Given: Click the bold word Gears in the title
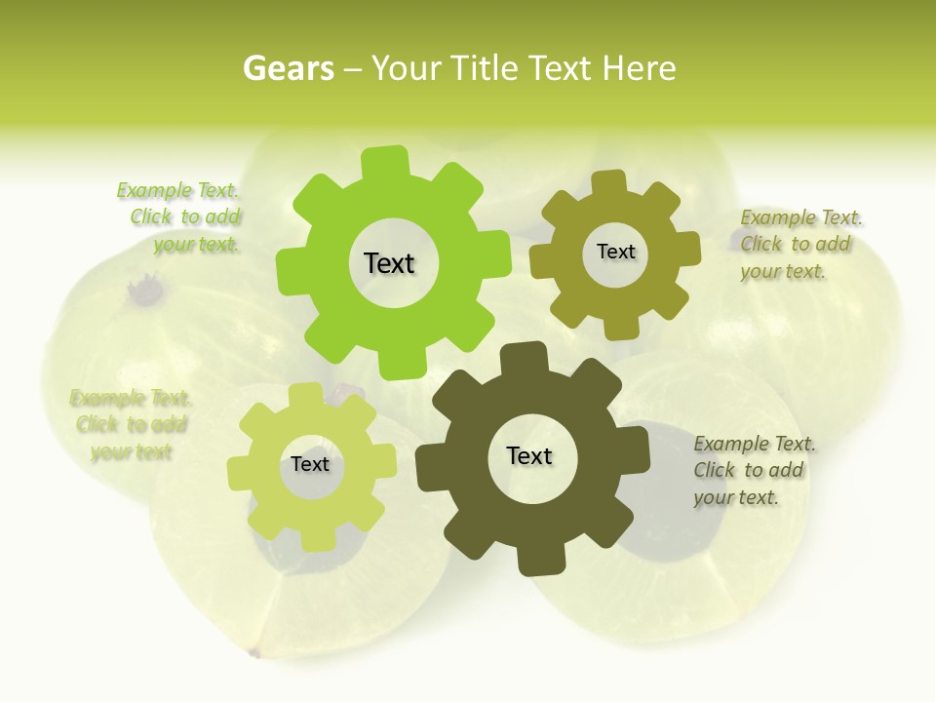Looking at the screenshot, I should point(289,68).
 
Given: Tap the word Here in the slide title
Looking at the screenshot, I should point(639,68).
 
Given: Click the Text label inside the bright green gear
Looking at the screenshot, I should point(389,263).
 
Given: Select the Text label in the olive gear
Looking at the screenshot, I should point(615,252).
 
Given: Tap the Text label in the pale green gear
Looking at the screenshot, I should point(310,464).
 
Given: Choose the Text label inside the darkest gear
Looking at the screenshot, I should point(529,455).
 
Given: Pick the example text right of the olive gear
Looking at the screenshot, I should point(799,244).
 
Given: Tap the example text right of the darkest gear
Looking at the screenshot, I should point(753,470).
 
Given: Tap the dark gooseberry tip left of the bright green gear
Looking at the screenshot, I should point(146,290).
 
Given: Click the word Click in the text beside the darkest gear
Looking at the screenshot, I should point(715,470).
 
